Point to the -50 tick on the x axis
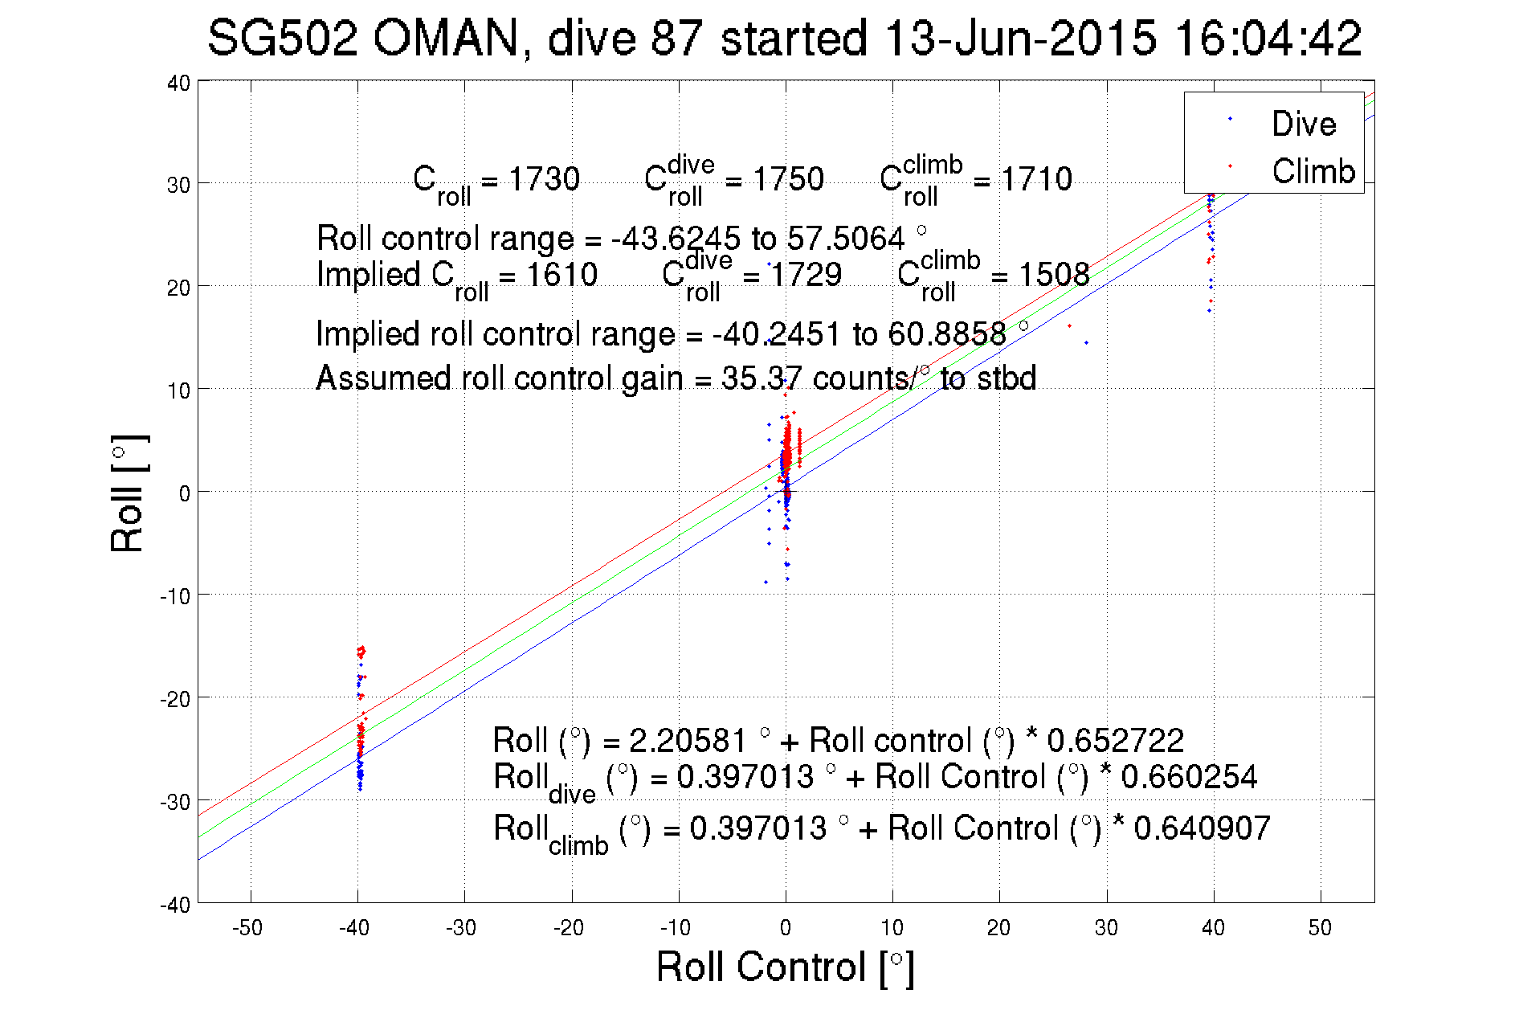(247, 928)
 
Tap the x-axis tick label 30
(1106, 928)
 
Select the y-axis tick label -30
(175, 802)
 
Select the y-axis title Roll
(129, 493)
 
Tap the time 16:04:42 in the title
(1268, 38)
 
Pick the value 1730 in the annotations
(544, 179)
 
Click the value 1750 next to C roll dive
(788, 179)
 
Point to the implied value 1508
(1054, 275)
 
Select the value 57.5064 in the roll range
(845, 239)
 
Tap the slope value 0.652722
(1115, 740)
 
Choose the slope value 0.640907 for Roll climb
(1202, 828)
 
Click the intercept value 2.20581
(688, 740)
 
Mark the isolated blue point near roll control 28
(1087, 343)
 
